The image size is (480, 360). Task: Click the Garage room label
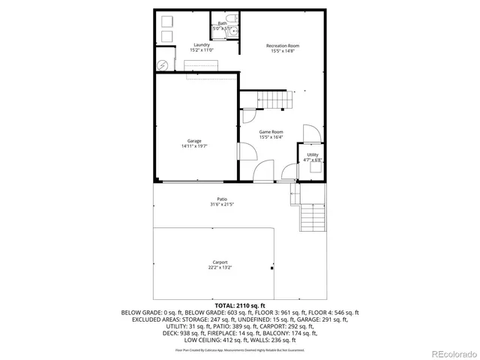point(194,141)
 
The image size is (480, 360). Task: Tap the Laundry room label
point(201,45)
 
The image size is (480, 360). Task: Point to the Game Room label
point(271,132)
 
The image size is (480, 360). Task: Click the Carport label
point(220,262)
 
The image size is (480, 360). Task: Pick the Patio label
point(223,199)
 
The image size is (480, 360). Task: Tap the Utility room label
point(313,154)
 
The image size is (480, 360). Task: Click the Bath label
point(222,23)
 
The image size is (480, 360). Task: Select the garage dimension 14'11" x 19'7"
point(194,146)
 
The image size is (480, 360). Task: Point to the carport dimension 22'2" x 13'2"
point(220,267)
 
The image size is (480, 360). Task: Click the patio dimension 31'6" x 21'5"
point(223,204)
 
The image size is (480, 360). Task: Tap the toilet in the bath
point(231,18)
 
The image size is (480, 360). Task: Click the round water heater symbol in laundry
point(161,63)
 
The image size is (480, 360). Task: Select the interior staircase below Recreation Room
point(272,99)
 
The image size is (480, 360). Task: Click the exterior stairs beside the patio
point(311,217)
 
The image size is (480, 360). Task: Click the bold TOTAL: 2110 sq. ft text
point(239,306)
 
